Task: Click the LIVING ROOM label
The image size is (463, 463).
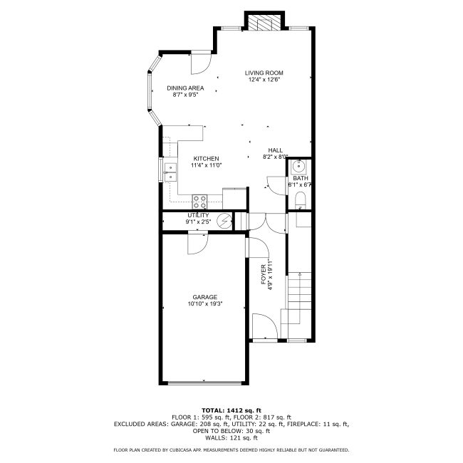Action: (264, 73)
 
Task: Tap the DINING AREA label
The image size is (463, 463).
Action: (185, 88)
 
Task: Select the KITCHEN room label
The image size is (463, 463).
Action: (206, 159)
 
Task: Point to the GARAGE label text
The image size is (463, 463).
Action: (205, 297)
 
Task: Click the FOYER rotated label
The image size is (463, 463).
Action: (264, 275)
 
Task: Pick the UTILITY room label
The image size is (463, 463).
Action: (198, 215)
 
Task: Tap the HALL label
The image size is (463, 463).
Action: (275, 150)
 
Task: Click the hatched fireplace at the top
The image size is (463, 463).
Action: (264, 23)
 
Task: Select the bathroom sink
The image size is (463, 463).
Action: (299, 167)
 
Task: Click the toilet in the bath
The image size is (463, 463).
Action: (301, 200)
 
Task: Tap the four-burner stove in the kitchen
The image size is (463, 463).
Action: (199, 202)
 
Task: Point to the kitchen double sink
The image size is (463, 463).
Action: (170, 172)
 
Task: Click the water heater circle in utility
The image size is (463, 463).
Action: (224, 221)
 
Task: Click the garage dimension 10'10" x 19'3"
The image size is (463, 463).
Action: (205, 304)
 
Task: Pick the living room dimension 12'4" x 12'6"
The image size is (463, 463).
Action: (264, 80)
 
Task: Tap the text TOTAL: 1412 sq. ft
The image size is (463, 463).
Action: (231, 410)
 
